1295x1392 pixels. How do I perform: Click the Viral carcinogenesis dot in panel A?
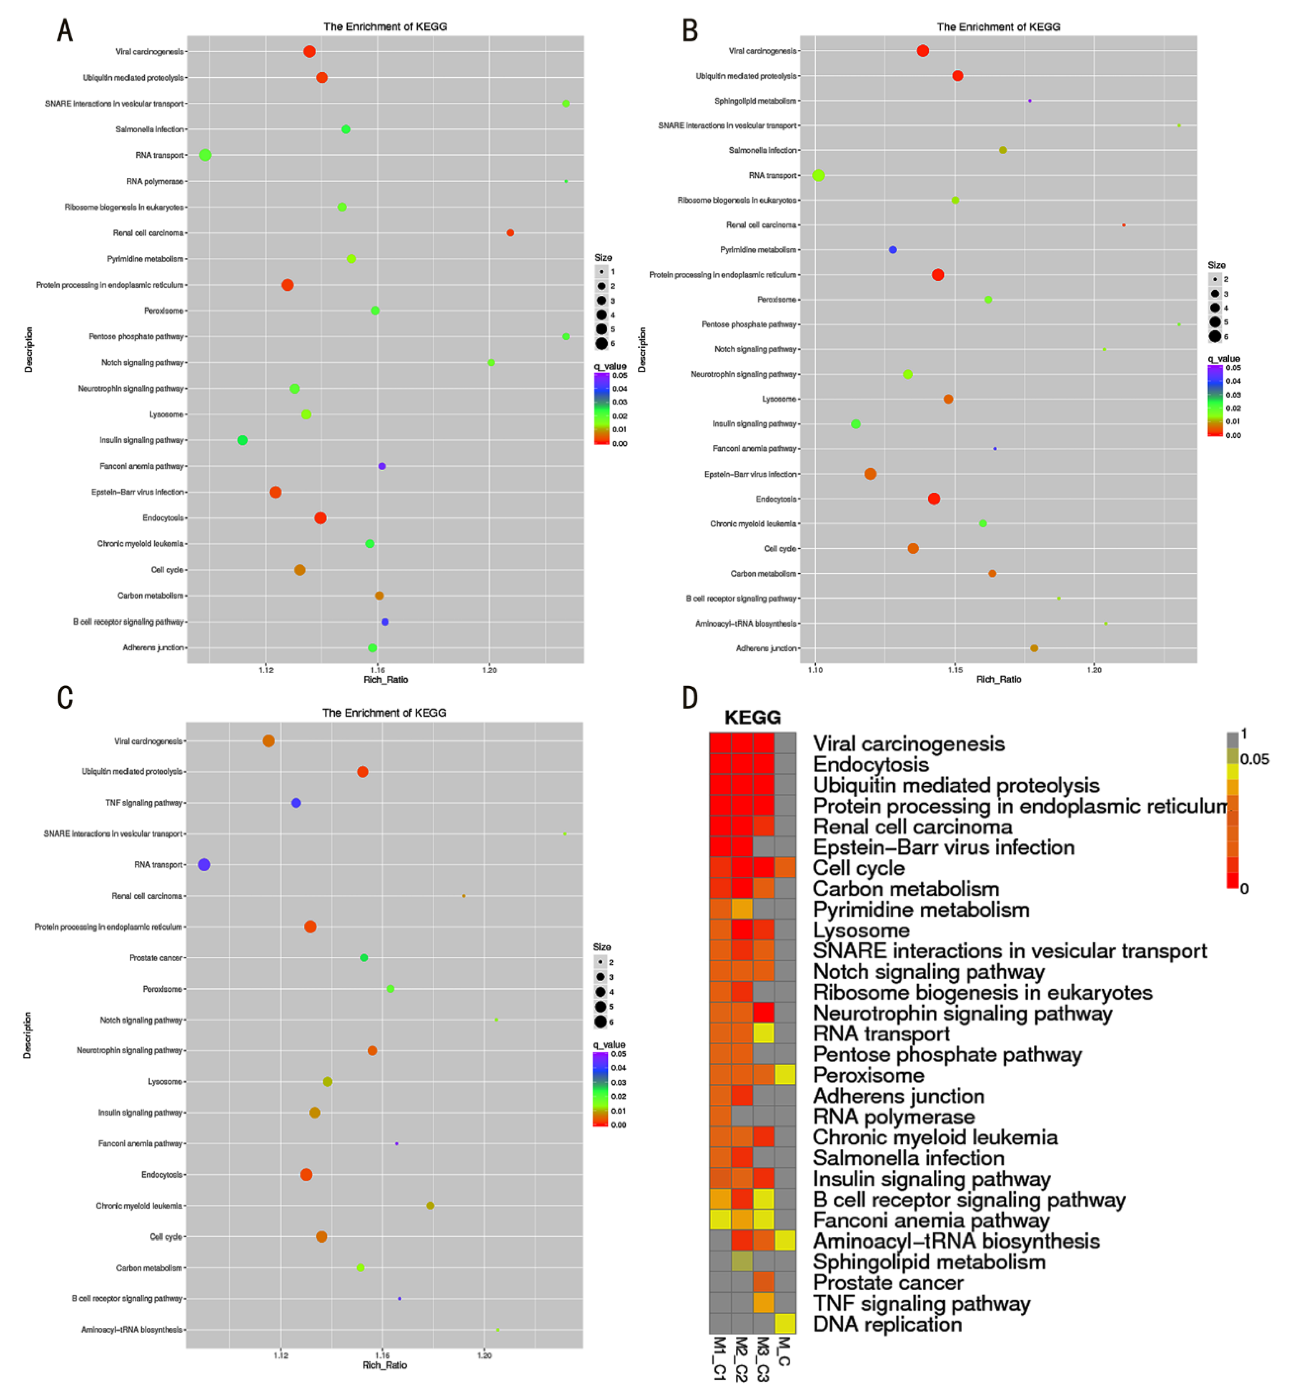pos(310,51)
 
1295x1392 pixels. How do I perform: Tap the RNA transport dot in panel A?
pos(205,155)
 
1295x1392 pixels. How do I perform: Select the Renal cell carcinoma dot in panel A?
pos(510,233)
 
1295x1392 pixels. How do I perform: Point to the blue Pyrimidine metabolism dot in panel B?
pos(892,249)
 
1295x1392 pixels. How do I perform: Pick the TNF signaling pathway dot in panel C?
pos(296,803)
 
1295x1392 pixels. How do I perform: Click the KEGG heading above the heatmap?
pos(753,717)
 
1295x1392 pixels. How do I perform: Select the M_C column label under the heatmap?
pos(785,1351)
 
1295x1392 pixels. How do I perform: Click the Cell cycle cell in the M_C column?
pos(785,867)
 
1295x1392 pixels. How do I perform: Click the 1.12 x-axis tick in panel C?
pos(281,1355)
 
